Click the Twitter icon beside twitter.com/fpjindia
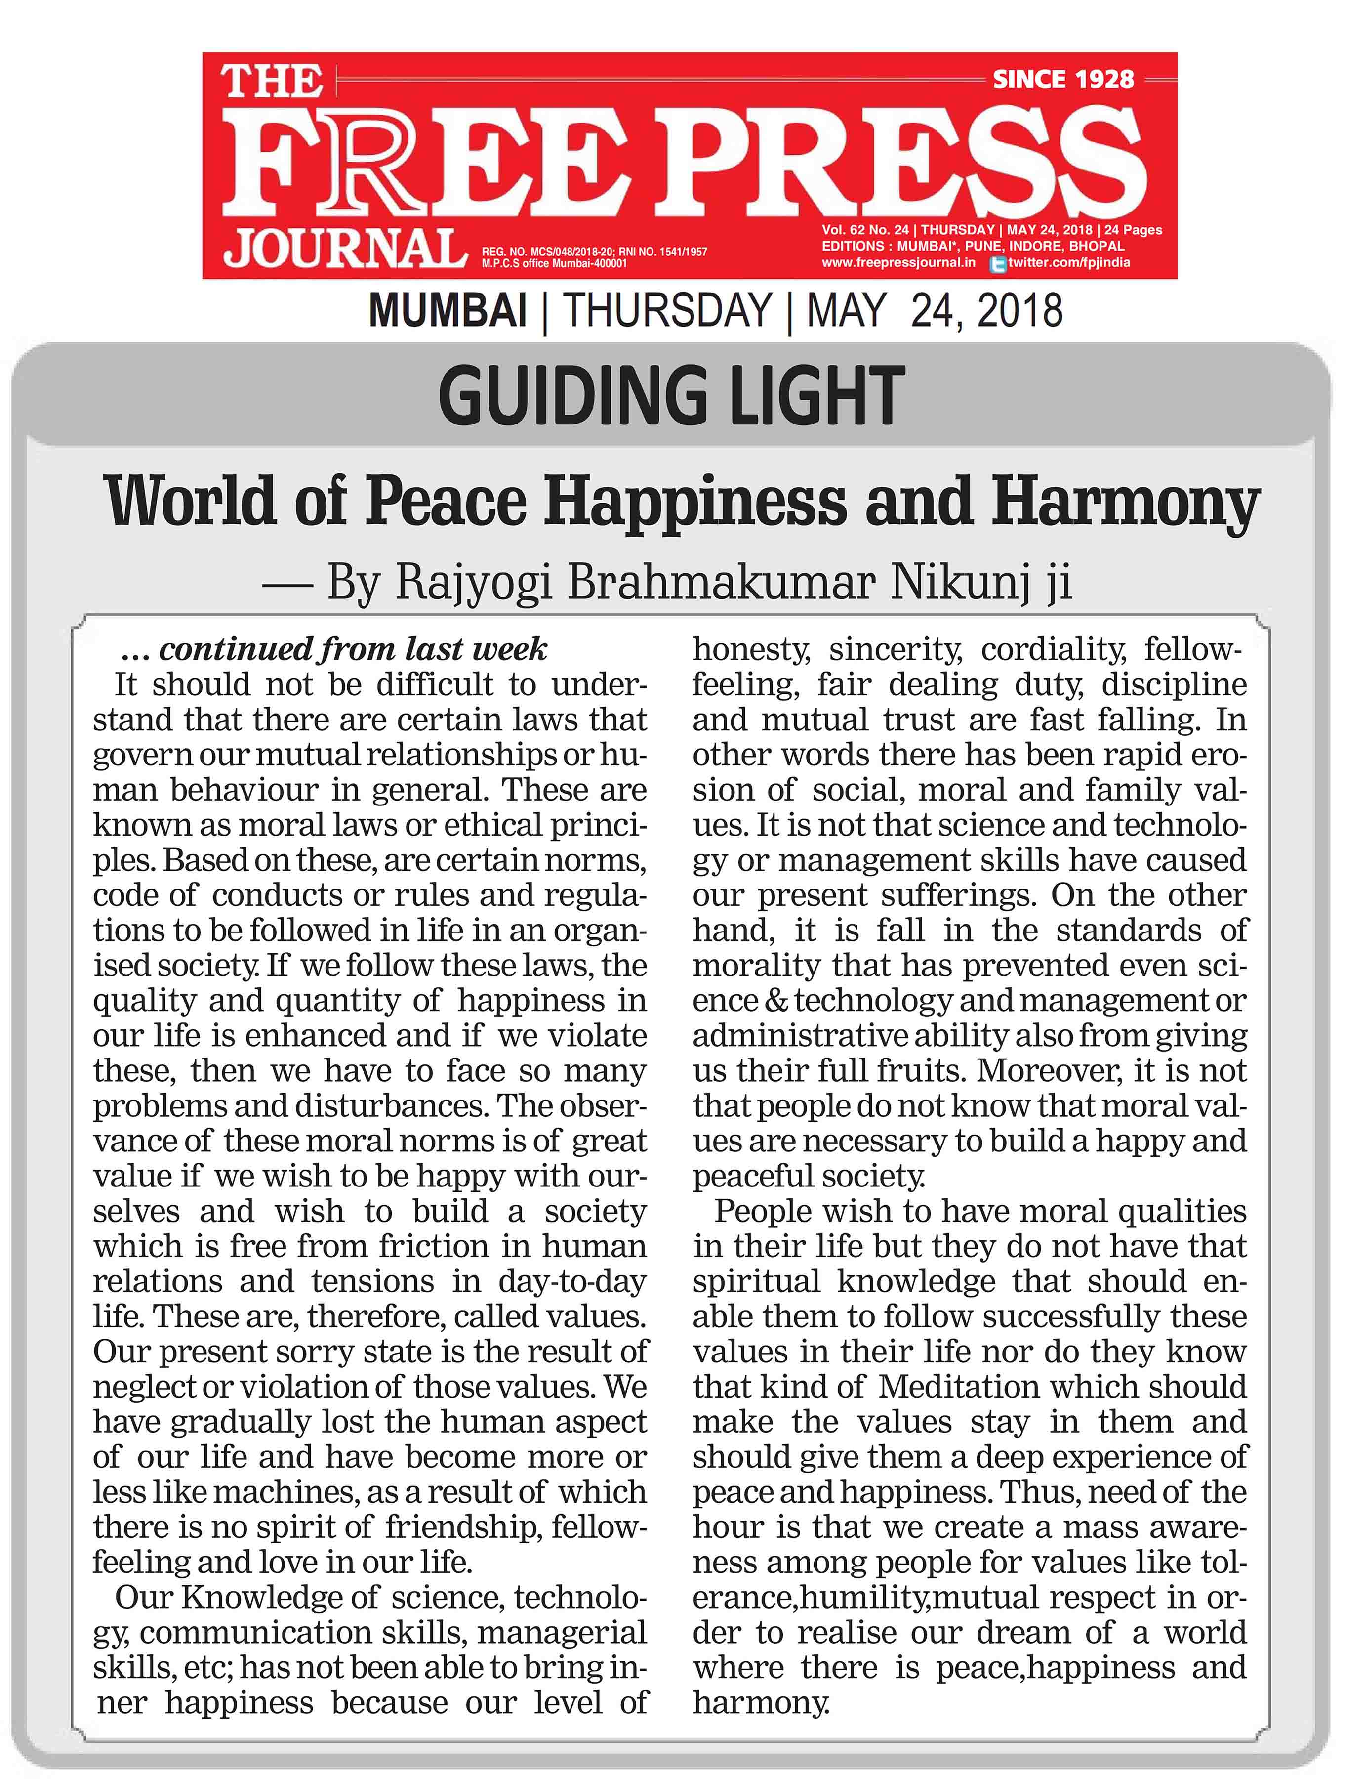pos(998,264)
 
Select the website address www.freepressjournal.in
pos(898,262)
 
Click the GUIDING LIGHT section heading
pos(671,396)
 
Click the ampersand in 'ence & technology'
pos(776,1001)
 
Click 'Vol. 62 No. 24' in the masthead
pos(866,230)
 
